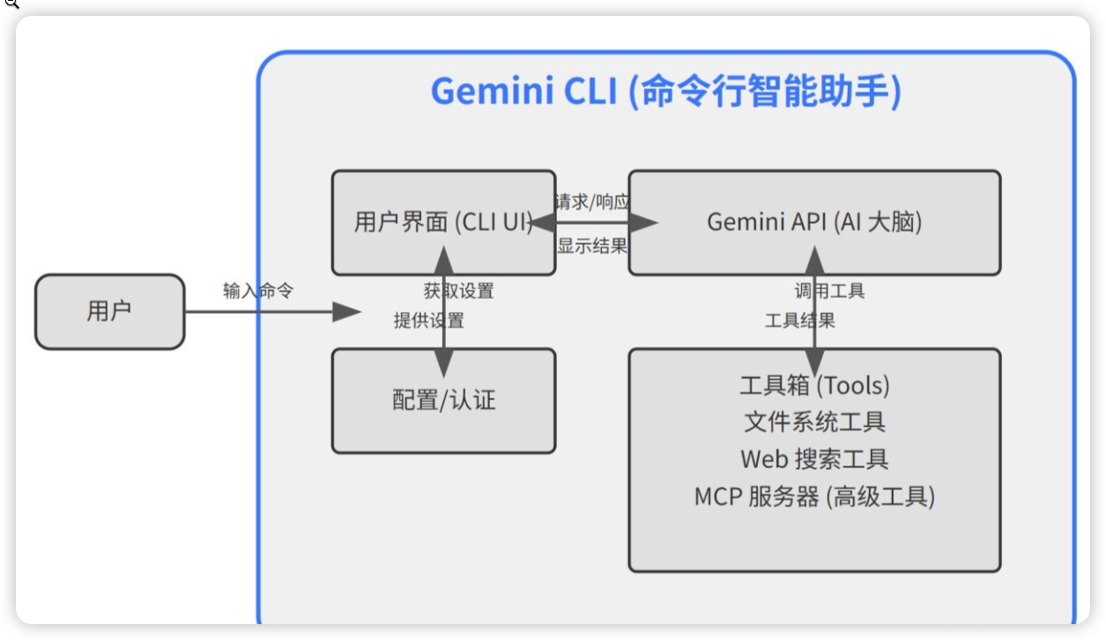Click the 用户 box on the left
(x=109, y=311)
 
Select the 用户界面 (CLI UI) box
(x=443, y=222)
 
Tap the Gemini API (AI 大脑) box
(x=814, y=222)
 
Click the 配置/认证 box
(x=443, y=400)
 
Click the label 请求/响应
(x=592, y=201)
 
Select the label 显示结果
(x=592, y=246)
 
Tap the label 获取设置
(x=458, y=291)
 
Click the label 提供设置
(x=428, y=321)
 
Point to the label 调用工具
(x=829, y=291)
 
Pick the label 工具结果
(x=799, y=321)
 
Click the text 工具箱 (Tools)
(x=814, y=385)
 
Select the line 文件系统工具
(x=814, y=421)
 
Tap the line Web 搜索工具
(x=814, y=458)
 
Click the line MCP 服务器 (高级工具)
(x=814, y=496)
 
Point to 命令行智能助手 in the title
(x=765, y=92)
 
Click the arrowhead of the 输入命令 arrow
(x=347, y=311)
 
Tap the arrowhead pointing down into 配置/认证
(x=443, y=363)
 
